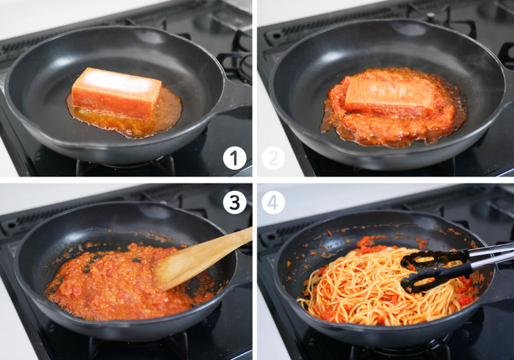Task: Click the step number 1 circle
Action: [234, 158]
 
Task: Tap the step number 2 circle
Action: [273, 158]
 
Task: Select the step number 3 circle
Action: [234, 202]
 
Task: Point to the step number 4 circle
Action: [273, 202]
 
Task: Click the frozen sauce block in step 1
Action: [116, 93]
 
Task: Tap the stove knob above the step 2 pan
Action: [431, 15]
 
